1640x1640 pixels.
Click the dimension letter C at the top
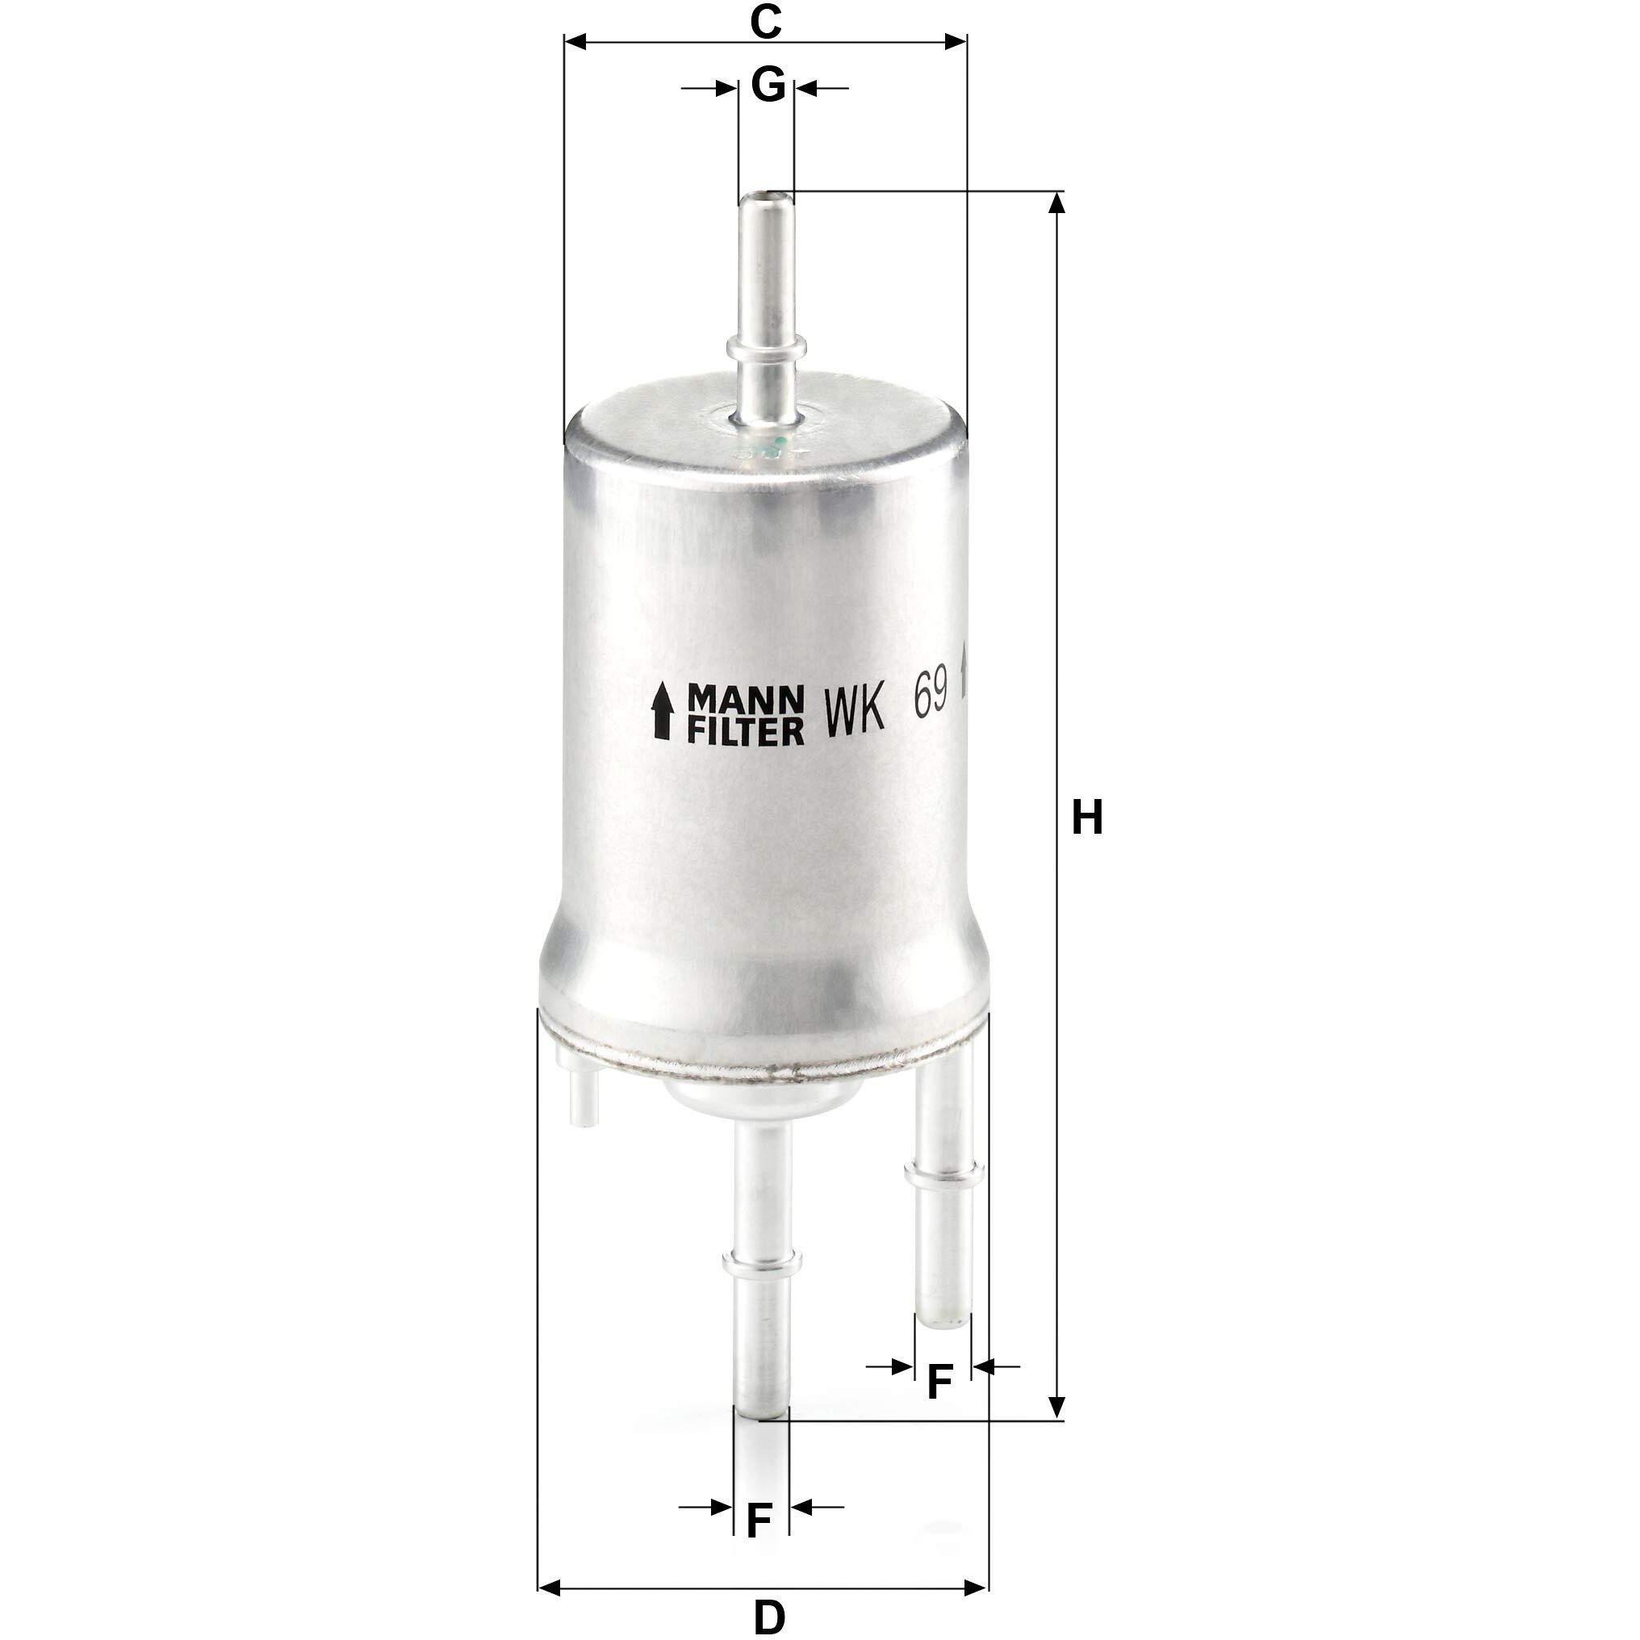click(765, 22)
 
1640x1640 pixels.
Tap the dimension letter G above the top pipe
click(768, 86)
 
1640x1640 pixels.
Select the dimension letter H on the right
click(1087, 818)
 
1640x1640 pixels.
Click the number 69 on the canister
click(931, 698)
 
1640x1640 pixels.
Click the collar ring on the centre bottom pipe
click(760, 1286)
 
